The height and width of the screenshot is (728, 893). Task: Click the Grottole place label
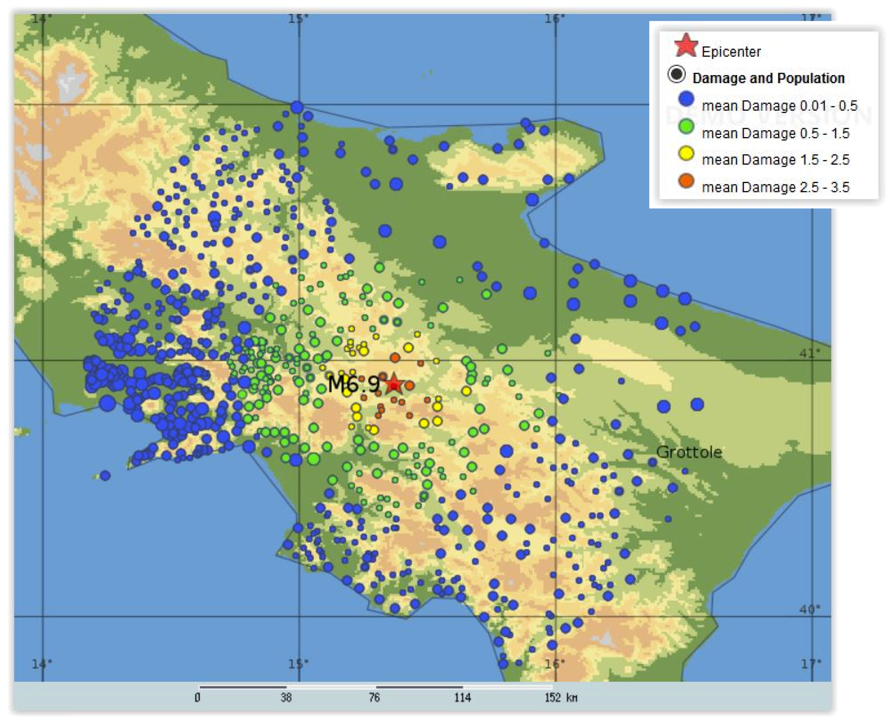(689, 452)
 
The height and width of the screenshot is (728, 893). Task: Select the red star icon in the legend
(686, 46)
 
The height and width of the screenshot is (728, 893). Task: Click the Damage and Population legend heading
(768, 78)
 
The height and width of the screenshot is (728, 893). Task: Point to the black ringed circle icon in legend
(676, 74)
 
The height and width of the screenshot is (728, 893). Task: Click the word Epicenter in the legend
(731, 52)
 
